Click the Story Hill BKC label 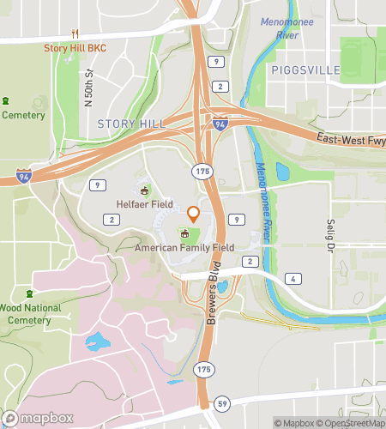(x=75, y=47)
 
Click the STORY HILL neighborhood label (x=131, y=124)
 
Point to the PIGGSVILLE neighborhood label (x=305, y=69)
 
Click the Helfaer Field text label (x=144, y=205)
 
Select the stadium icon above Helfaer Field (x=144, y=190)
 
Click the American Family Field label (x=184, y=247)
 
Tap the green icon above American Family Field (x=184, y=233)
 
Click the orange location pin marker (x=194, y=214)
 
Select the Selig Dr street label (x=329, y=236)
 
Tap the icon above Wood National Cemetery (x=31, y=294)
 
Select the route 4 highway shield (x=293, y=279)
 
